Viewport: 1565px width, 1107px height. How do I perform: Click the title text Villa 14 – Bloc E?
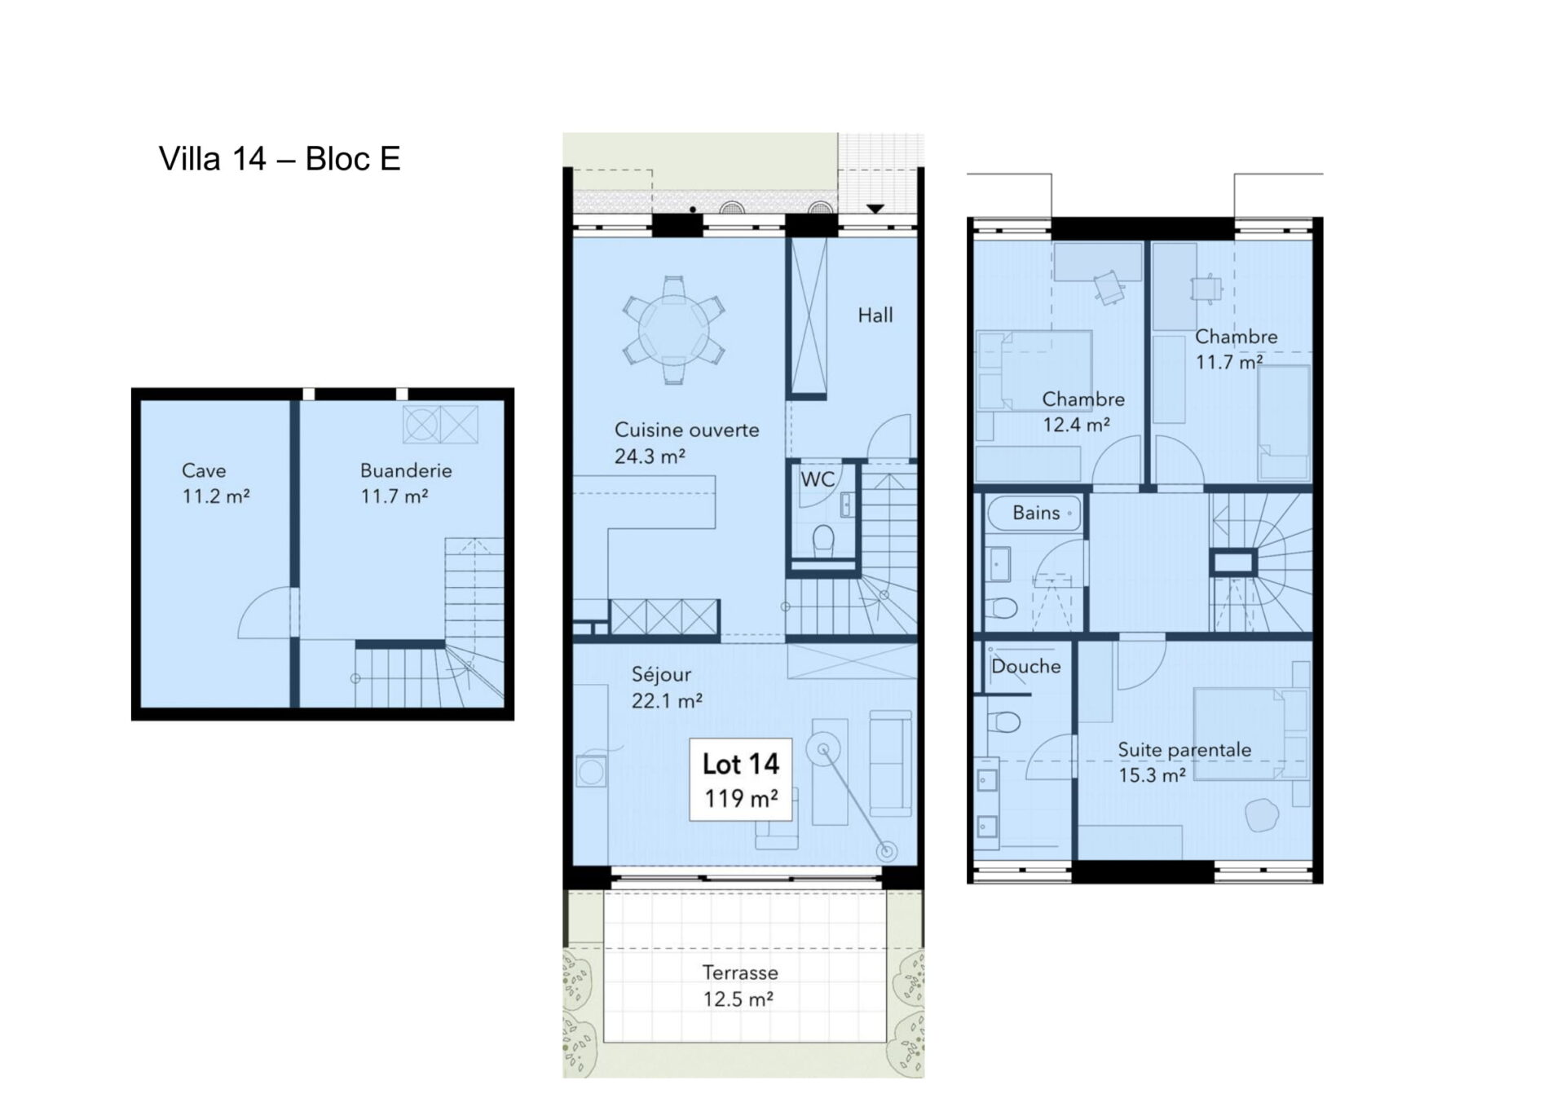(280, 159)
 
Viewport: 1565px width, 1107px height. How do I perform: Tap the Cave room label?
(204, 470)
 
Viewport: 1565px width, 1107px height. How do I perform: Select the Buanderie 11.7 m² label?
(405, 483)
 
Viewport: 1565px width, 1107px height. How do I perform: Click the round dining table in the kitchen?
(673, 329)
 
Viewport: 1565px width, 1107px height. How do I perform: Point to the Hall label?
(875, 315)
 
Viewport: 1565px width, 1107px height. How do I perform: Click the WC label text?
(818, 479)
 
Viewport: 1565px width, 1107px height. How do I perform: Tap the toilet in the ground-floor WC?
(824, 540)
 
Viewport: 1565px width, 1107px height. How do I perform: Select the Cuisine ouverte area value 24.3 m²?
(650, 456)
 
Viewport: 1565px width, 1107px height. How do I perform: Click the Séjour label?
(661, 674)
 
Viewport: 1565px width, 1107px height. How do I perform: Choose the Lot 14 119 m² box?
(740, 779)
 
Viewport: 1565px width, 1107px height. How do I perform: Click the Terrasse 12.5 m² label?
(739, 986)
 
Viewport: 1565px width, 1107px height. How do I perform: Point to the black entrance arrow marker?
(875, 209)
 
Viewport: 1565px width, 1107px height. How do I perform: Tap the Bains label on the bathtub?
(1036, 513)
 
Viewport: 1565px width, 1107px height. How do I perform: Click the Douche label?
(1025, 667)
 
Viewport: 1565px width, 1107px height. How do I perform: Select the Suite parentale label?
(1184, 749)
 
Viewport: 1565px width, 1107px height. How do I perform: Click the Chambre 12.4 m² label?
(1082, 412)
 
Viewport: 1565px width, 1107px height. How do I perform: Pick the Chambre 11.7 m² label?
(1236, 349)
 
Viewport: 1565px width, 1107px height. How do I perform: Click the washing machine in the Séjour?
(591, 771)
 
